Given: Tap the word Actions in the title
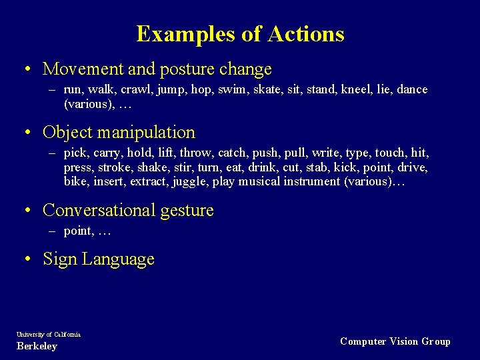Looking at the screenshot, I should coord(306,34).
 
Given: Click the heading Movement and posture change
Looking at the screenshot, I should coord(157,69).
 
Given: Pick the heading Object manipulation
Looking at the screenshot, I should coord(119,133).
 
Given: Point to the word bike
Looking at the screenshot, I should coord(76,181).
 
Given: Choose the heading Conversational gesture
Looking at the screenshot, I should coord(128,211).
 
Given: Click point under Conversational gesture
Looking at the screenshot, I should coord(78,231).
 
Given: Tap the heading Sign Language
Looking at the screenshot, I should coord(99,259).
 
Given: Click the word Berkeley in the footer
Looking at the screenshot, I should coord(37,346).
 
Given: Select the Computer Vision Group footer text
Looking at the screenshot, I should coord(395,341).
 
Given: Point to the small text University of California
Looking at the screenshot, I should coord(49,334).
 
